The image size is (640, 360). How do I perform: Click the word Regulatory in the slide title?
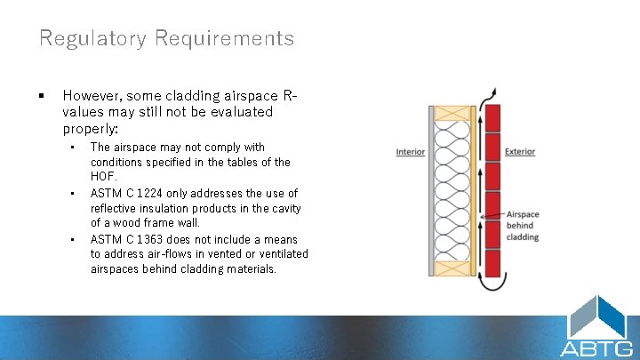point(92,38)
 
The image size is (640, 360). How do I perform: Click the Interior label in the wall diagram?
point(410,152)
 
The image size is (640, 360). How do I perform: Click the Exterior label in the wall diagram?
point(520,152)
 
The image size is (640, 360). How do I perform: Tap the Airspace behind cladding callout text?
point(524,226)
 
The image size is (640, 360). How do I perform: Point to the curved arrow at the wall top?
point(491,95)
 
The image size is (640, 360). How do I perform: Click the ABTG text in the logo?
point(596,348)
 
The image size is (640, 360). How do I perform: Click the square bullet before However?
point(42,94)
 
